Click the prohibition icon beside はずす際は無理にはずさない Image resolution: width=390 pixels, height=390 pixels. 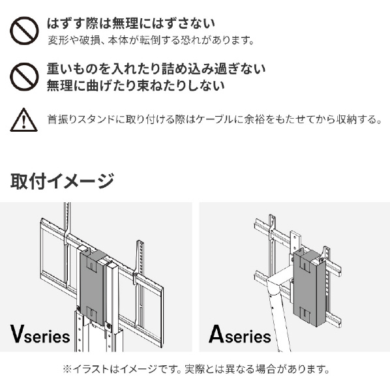pyautogui.click(x=24, y=31)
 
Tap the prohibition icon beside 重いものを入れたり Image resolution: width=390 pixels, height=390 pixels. pyautogui.click(x=24, y=77)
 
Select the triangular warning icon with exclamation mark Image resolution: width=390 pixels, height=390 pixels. pyautogui.click(x=23, y=120)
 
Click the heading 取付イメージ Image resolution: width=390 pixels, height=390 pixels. pyautogui.click(x=62, y=181)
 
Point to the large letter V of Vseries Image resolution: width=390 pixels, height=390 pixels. pyautogui.click(x=17, y=333)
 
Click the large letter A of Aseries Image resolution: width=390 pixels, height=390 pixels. pyautogui.click(x=217, y=333)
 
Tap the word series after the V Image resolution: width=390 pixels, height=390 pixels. pyautogui.click(x=47, y=337)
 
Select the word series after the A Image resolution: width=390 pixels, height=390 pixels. pyautogui.click(x=248, y=337)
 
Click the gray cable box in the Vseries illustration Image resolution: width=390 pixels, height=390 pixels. pyautogui.click(x=93, y=287)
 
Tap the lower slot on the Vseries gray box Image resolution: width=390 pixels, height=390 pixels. pyautogui.click(x=92, y=314)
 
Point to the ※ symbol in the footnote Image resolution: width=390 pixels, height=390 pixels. pyautogui.click(x=67, y=369)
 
